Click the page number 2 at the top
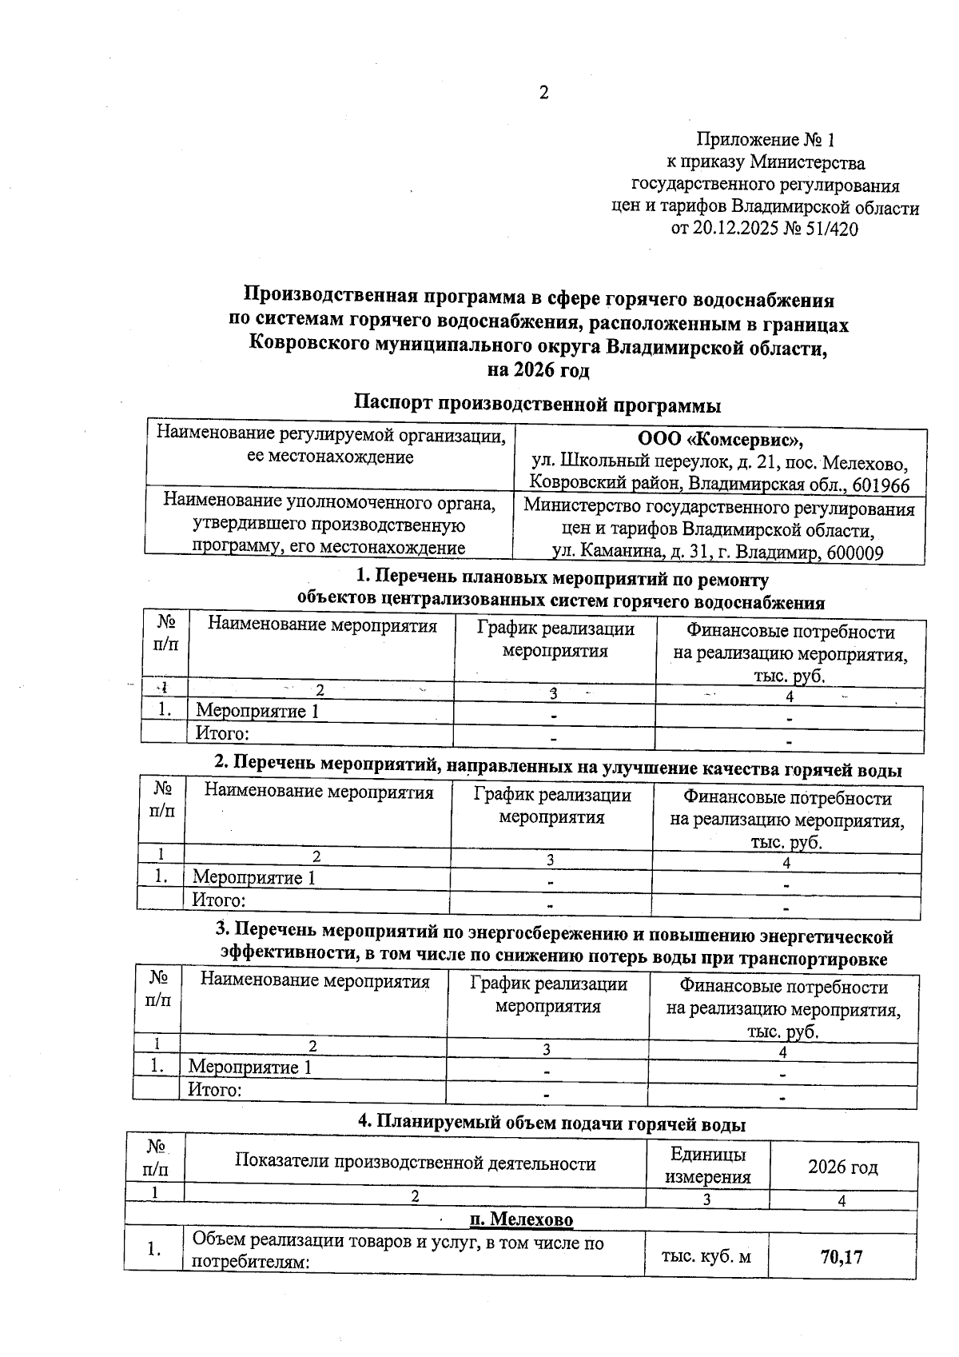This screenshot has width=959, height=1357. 544,94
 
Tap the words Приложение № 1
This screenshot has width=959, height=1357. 766,140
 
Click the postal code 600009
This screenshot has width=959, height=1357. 854,553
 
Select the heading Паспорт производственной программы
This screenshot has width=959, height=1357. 538,403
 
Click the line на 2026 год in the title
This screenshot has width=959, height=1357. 538,370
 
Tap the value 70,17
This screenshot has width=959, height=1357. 842,1257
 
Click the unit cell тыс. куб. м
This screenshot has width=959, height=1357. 706,1257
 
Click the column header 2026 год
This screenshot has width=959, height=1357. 842,1167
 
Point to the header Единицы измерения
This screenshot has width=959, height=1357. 708,1166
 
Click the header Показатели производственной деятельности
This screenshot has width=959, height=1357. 415,1163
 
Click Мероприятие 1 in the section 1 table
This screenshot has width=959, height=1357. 257,711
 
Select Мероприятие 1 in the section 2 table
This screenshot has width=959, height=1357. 254,877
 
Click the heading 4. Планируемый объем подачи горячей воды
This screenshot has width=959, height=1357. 551,1124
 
